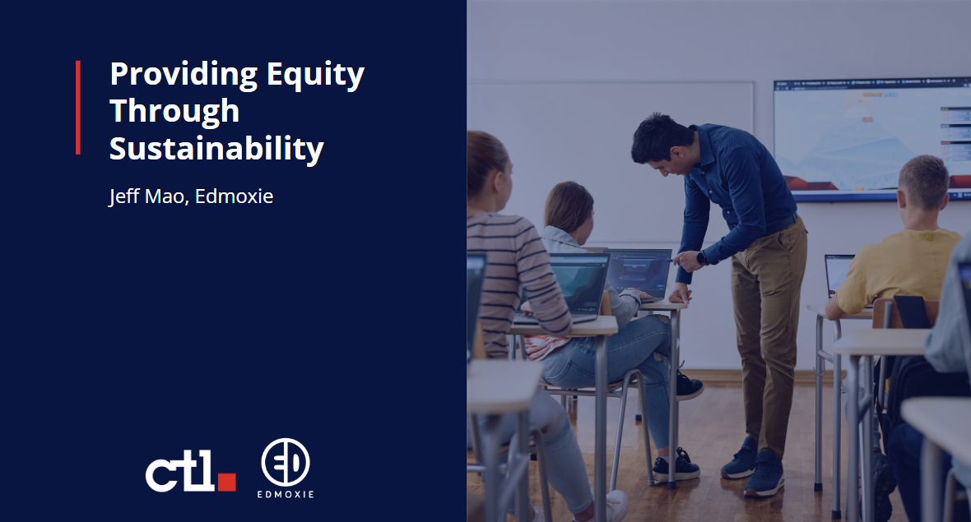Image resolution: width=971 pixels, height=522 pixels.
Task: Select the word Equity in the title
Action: click(315, 75)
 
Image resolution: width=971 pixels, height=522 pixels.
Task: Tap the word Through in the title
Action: click(174, 112)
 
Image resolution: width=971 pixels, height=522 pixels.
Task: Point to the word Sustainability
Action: click(216, 149)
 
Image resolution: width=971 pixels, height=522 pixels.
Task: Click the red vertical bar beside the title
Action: click(78, 107)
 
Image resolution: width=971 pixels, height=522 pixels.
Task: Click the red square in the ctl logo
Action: click(227, 481)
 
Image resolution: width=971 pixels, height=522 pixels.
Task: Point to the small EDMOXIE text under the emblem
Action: click(286, 495)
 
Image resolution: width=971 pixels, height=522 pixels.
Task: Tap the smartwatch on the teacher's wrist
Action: click(702, 258)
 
